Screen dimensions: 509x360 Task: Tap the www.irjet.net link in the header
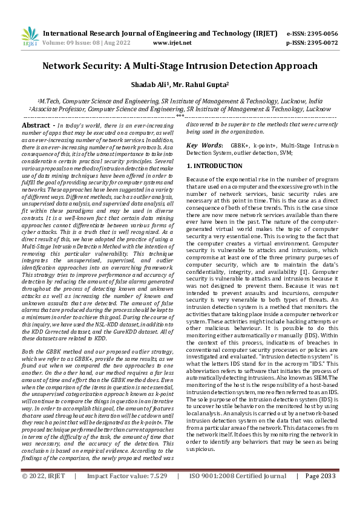pyautogui.click(x=172, y=44)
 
